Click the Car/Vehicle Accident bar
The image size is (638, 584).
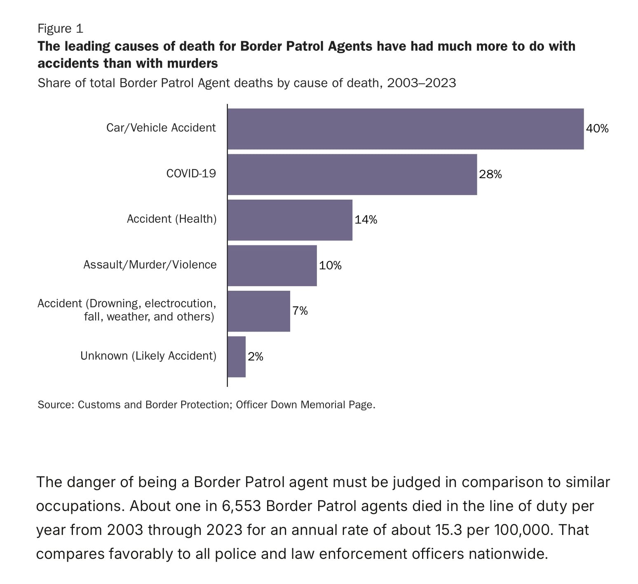click(406, 129)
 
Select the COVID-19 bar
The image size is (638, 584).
click(352, 174)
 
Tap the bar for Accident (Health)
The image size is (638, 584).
click(290, 220)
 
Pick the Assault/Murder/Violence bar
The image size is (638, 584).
click(272, 266)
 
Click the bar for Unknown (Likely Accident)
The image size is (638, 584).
click(237, 357)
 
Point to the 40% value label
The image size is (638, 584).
click(597, 129)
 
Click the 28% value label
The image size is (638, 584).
click(490, 174)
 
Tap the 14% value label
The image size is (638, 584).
click(366, 220)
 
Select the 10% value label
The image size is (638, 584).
click(330, 266)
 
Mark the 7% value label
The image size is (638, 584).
click(300, 311)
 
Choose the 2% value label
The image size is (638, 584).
click(255, 357)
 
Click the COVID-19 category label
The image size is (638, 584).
click(191, 173)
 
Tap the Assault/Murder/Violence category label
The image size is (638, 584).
click(150, 264)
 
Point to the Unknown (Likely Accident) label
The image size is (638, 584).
click(148, 356)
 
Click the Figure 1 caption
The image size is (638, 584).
click(60, 28)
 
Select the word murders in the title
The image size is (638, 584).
click(192, 64)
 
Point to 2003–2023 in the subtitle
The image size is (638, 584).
click(421, 83)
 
